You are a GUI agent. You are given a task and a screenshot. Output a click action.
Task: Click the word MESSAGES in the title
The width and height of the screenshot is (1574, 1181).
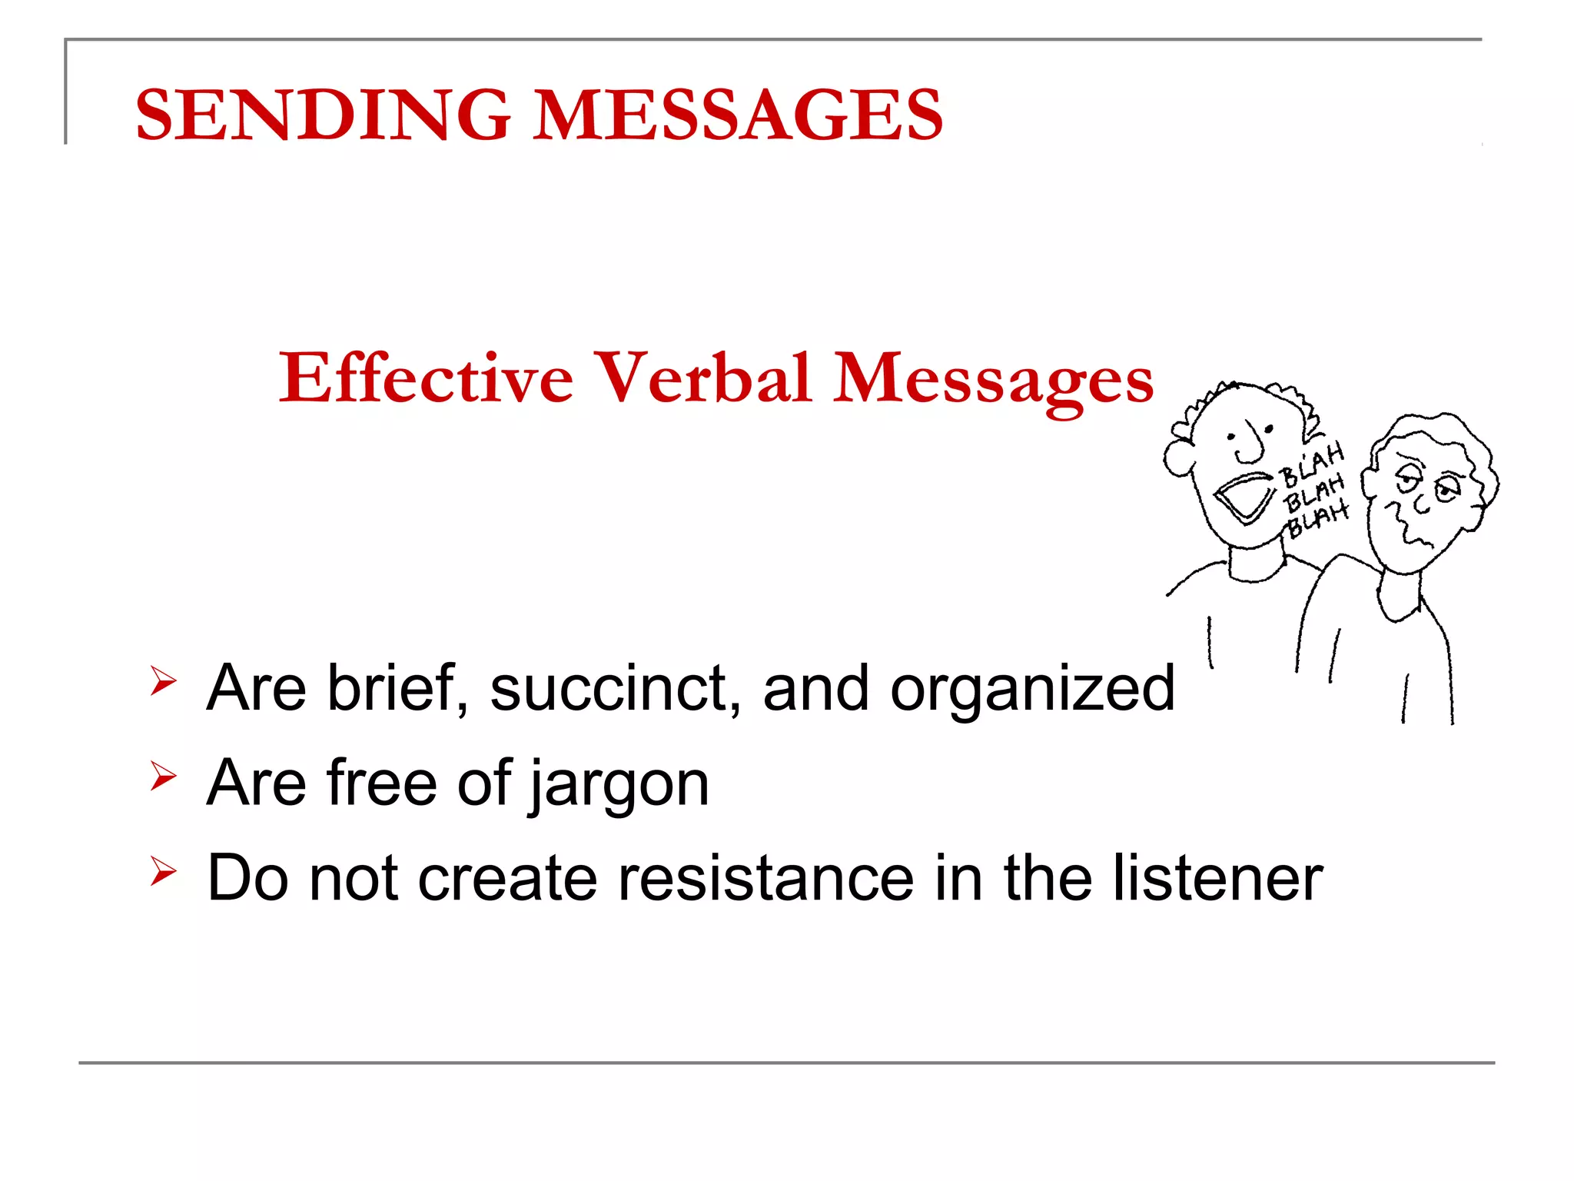pyautogui.click(x=738, y=115)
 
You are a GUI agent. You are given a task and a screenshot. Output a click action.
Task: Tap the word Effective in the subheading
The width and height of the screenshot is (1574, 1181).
pyautogui.click(x=426, y=378)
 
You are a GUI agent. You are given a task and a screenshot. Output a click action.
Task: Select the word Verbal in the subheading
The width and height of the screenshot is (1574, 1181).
pyautogui.click(x=703, y=378)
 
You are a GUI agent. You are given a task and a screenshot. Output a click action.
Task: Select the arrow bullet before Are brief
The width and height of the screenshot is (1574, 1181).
pyautogui.click(x=163, y=680)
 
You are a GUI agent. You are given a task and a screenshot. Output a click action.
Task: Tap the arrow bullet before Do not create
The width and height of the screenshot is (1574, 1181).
pyautogui.click(x=163, y=870)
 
